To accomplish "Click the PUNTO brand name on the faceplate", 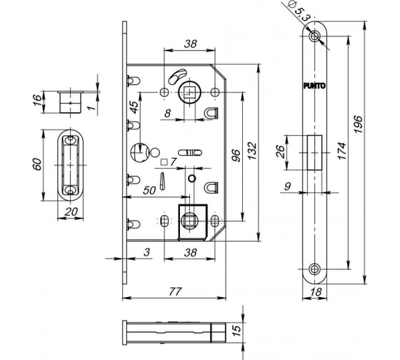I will coord(315,86).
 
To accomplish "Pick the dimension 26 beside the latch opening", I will coord(281,152).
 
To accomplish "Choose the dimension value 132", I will coord(254,151).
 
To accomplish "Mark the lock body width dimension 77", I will coord(174,291).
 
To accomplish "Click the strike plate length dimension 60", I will coord(44,164).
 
